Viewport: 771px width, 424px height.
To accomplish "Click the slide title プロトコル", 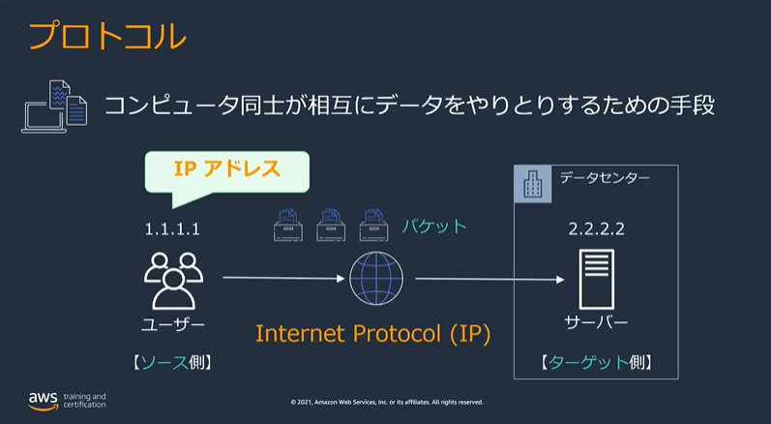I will click(x=105, y=36).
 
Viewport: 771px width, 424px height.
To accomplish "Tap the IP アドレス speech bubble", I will click(x=227, y=170).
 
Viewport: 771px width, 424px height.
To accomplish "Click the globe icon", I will click(x=376, y=279).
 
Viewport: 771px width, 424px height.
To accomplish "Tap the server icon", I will click(x=595, y=279).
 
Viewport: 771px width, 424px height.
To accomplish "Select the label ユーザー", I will click(x=173, y=323).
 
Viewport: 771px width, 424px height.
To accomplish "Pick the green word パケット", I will click(x=434, y=227).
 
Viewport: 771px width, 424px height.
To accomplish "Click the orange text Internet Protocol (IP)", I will click(x=373, y=334).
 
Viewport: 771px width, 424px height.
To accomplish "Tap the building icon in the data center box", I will click(x=532, y=184).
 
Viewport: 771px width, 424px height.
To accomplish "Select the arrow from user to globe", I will click(x=284, y=279).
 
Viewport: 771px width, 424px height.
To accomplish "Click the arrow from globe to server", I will click(x=489, y=280).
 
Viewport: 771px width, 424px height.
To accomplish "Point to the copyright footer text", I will click(x=386, y=402).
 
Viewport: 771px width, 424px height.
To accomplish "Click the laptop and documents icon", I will click(x=54, y=106).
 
